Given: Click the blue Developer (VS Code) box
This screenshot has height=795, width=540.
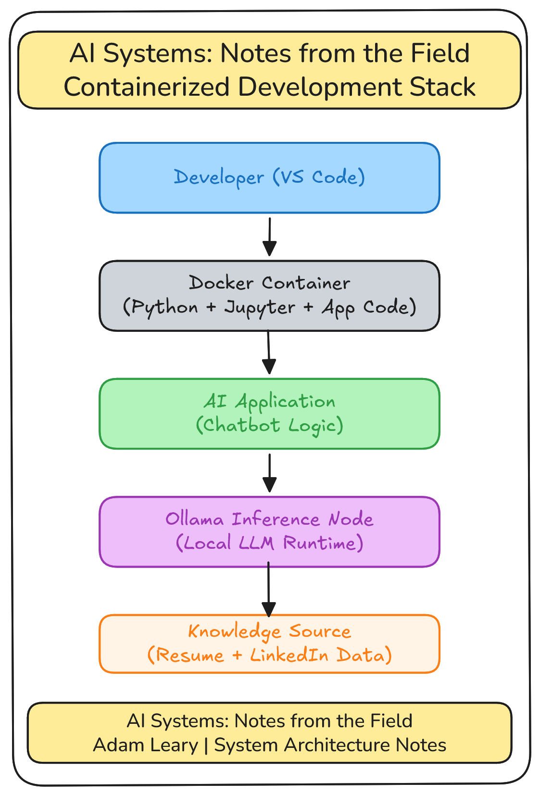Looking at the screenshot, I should (x=269, y=177).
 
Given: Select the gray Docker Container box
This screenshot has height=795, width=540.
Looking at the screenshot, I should (x=269, y=296).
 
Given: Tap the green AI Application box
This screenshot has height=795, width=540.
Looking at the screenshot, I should (x=269, y=414).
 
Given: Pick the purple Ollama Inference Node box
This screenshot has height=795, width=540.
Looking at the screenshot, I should (x=269, y=531).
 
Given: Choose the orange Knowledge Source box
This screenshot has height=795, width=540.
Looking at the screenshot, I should (x=269, y=644).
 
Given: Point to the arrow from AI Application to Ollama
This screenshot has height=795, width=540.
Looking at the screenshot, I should (x=269, y=473).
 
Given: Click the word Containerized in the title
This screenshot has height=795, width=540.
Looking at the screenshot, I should (x=147, y=88).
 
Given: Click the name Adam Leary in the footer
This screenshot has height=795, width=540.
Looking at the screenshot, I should (x=146, y=745).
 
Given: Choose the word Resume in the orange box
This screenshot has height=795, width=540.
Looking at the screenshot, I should (x=190, y=656).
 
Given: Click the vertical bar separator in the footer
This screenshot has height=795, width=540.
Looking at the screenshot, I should (x=206, y=745).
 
